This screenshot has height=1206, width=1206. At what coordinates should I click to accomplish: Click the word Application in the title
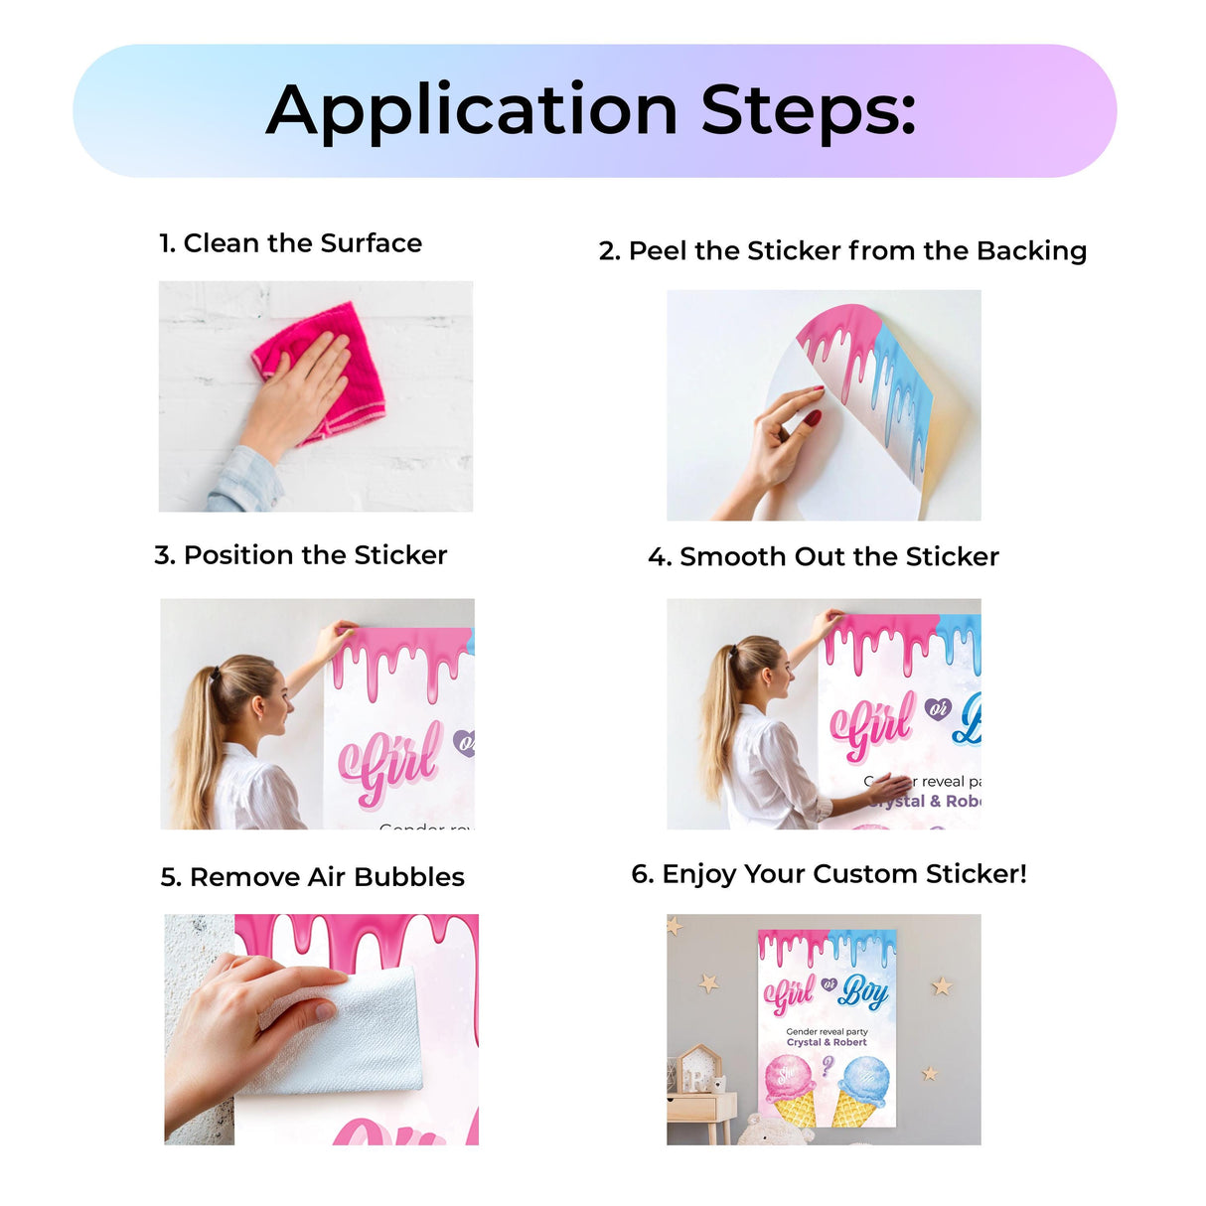click(x=471, y=111)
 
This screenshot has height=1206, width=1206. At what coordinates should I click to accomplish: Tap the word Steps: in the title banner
click(x=808, y=111)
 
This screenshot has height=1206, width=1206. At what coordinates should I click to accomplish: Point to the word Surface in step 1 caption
click(x=371, y=243)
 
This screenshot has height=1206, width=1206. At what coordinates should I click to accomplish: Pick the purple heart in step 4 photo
click(x=937, y=708)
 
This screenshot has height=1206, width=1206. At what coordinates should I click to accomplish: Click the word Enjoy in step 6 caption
click(x=698, y=874)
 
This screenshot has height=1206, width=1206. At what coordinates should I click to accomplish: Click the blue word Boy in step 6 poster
click(x=863, y=990)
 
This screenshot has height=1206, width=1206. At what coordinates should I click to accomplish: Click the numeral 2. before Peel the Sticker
click(x=608, y=251)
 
